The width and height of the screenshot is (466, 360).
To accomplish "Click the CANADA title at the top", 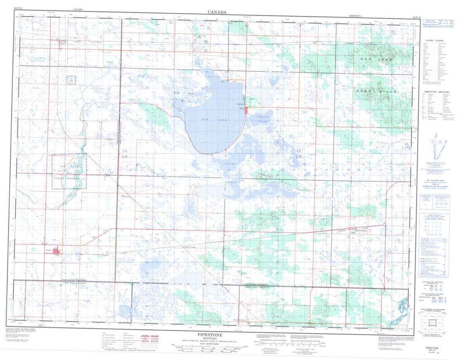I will (217, 12).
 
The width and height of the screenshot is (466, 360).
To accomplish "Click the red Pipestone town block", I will (57, 251).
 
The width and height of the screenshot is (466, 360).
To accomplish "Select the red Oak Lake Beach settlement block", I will (247, 110).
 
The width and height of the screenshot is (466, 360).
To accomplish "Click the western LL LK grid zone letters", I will (125, 153).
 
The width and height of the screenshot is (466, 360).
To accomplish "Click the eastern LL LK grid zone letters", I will (299, 153).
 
